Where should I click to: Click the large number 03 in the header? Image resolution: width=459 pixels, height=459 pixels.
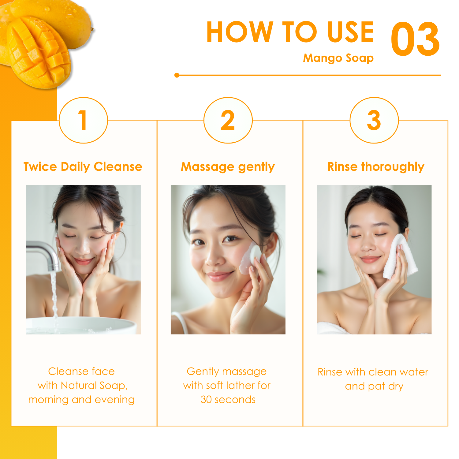click(415, 39)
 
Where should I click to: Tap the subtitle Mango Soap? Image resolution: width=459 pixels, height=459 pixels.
click(338, 58)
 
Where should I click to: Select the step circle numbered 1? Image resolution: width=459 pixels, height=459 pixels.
click(83, 120)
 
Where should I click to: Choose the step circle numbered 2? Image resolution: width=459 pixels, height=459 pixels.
click(228, 120)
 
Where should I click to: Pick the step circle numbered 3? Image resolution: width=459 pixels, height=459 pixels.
click(374, 120)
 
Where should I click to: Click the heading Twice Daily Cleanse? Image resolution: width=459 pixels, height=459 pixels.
click(83, 167)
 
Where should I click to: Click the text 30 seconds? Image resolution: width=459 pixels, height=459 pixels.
click(228, 400)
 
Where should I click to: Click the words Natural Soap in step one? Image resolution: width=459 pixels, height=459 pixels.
click(93, 386)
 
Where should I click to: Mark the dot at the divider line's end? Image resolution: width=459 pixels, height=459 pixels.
click(177, 75)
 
